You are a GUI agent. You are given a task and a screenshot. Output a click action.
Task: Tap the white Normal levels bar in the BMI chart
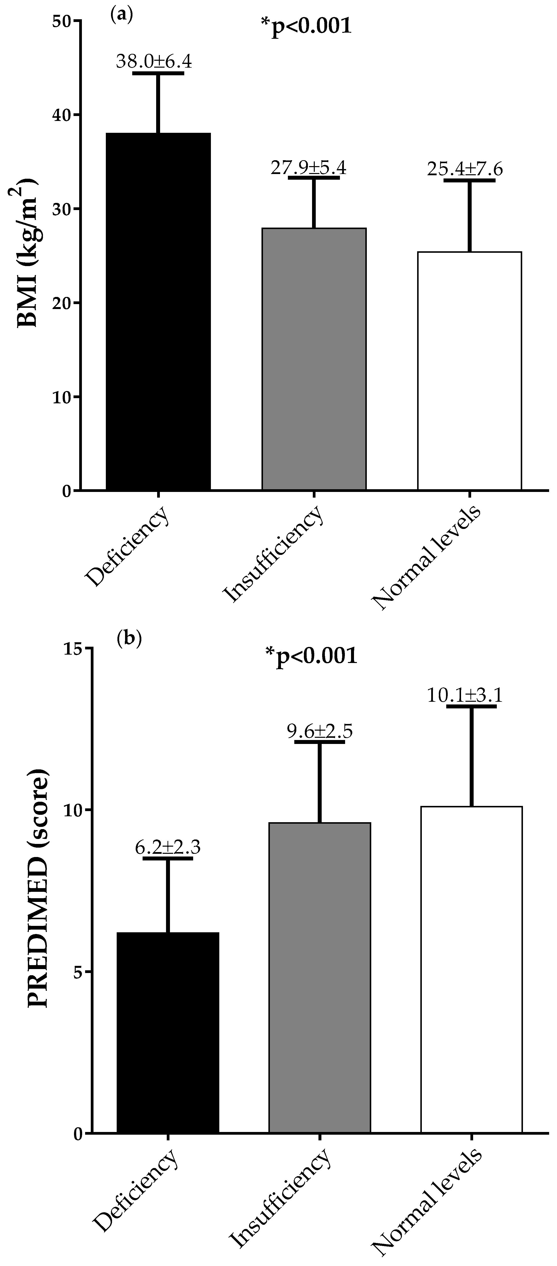coord(469,371)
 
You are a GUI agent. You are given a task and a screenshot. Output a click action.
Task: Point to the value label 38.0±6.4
coord(154,62)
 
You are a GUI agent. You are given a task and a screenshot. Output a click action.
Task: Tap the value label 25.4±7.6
coord(465,169)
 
